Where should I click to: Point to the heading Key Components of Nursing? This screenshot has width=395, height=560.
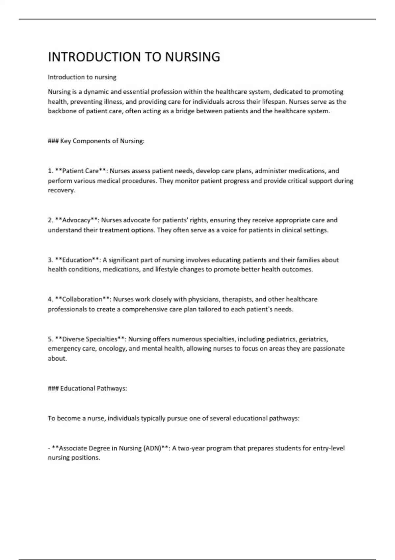tap(102, 141)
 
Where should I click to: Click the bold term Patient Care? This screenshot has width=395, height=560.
tap(80, 171)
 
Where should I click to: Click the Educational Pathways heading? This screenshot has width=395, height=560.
tap(93, 388)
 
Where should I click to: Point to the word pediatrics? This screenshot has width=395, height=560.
tap(281, 339)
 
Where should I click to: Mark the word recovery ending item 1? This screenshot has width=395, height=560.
tap(61, 190)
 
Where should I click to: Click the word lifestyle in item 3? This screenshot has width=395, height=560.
tap(167, 269)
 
